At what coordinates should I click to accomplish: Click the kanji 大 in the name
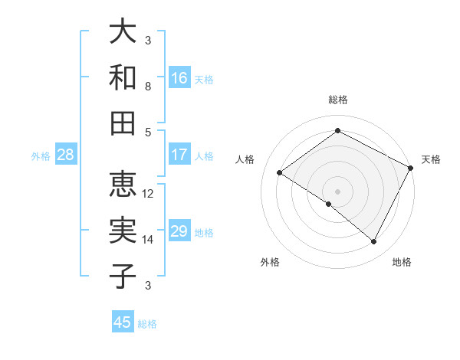[x=123, y=32]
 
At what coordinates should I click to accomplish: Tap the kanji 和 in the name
[x=123, y=77]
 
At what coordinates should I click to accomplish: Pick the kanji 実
[x=123, y=230]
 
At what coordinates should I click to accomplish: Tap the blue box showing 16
[x=179, y=77]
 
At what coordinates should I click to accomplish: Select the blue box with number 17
[x=179, y=155]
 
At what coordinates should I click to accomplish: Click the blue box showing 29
[x=179, y=231]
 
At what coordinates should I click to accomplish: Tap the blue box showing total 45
[x=123, y=322]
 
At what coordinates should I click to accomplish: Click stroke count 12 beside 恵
[x=148, y=193]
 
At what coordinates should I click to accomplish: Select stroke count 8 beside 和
[x=148, y=87]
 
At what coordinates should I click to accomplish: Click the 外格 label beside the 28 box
[x=41, y=156]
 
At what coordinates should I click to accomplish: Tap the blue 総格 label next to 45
[x=147, y=324]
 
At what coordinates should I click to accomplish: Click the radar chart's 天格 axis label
[x=431, y=159]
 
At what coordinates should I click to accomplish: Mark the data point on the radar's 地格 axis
[x=374, y=242]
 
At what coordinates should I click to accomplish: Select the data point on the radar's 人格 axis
[x=280, y=172]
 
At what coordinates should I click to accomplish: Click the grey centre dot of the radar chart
[x=337, y=191]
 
